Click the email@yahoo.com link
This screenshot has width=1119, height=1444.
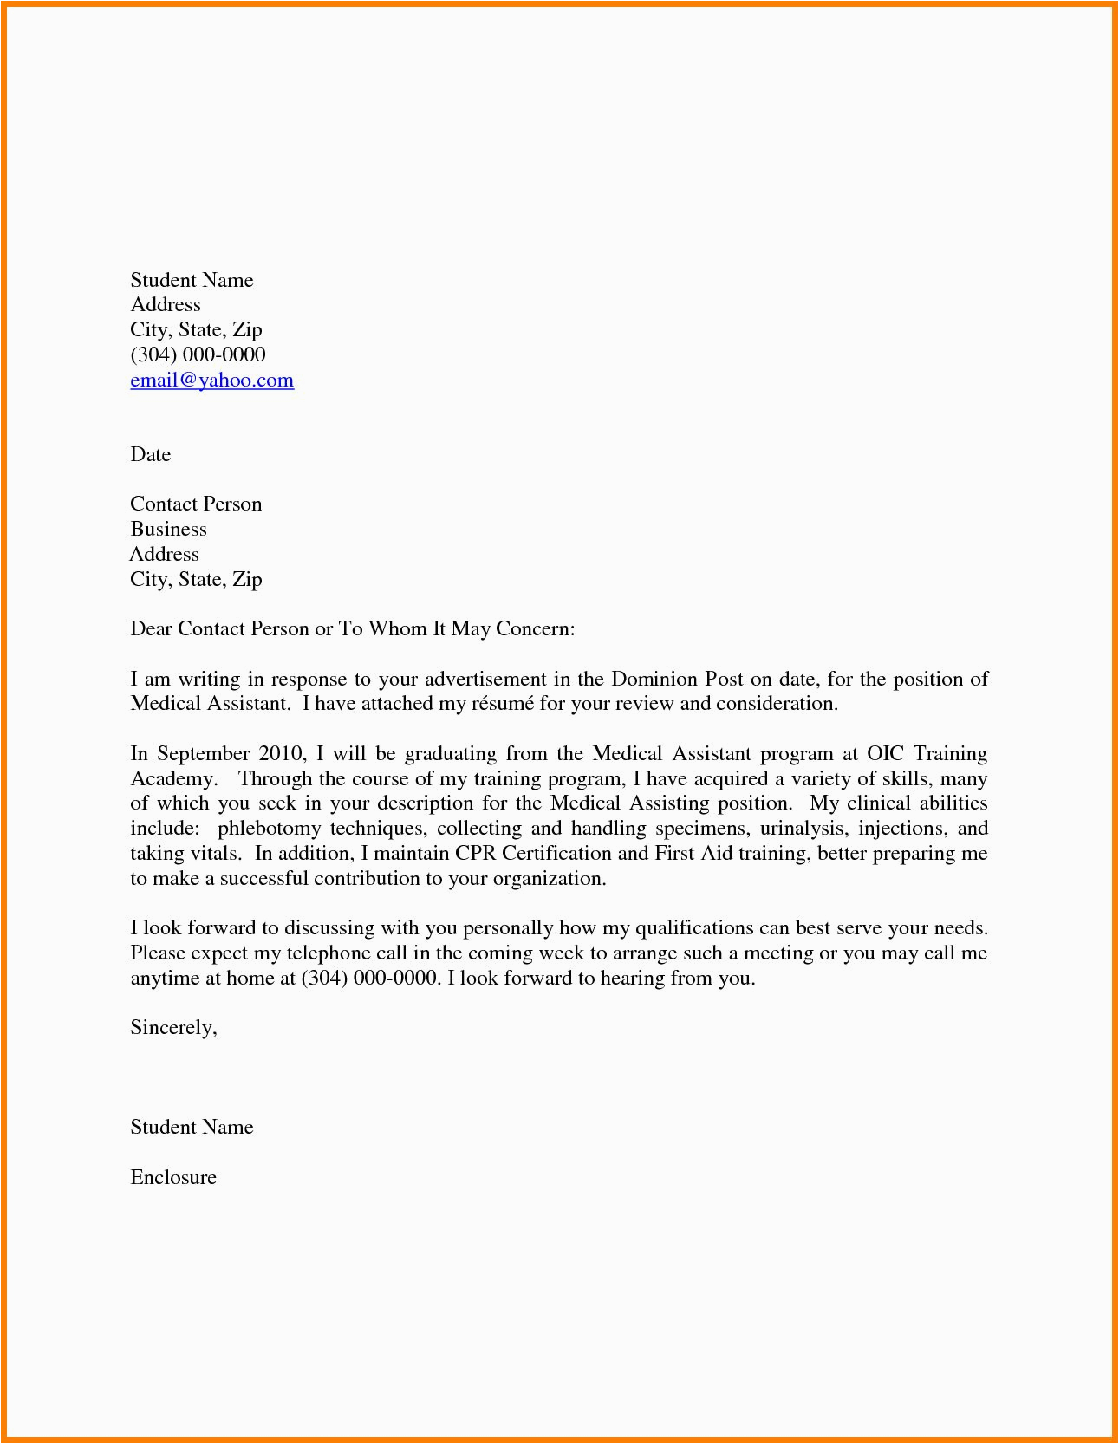pos(211,381)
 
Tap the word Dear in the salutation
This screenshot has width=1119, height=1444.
pos(150,629)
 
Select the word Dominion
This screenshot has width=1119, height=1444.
pos(653,679)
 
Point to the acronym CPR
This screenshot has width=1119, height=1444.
pos(475,854)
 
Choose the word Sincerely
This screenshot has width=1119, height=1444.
pos(173,1028)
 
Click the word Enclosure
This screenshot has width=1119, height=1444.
pos(173,1177)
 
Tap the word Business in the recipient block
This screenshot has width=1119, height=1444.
pos(168,530)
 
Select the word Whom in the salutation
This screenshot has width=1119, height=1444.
pos(397,629)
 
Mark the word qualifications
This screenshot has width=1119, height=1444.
pos(694,928)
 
